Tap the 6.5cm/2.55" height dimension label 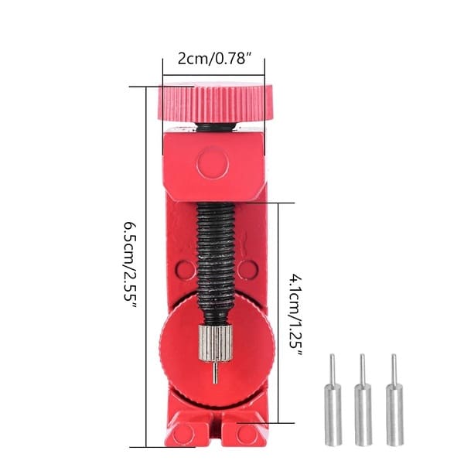[130, 266]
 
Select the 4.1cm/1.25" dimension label [296, 316]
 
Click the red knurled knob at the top [215, 104]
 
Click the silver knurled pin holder [215, 343]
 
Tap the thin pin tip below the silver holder [216, 373]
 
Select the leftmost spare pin [333, 400]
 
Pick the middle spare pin [363, 400]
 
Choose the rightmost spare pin [394, 400]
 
